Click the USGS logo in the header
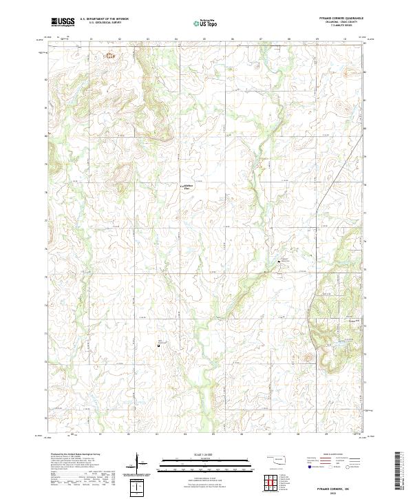(62, 22)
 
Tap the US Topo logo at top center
(206, 22)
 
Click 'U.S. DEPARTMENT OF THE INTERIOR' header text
(105, 19)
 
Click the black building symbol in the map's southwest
(159, 346)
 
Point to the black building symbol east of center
(280, 265)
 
